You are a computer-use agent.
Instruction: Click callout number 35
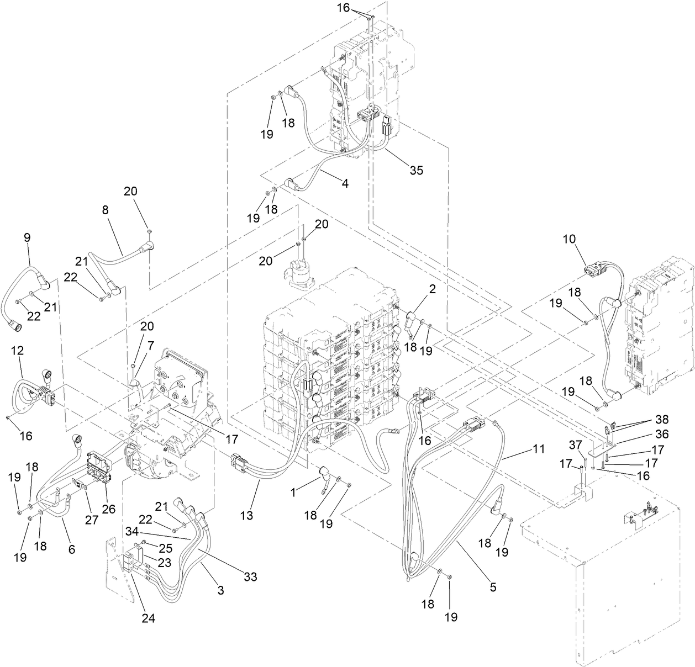pos(416,170)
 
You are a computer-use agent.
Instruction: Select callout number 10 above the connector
pos(569,239)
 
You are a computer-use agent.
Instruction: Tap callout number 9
pos(27,237)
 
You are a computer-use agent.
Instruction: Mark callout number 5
pos(493,587)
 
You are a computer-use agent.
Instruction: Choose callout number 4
pos(345,183)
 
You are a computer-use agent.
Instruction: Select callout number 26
pos(108,509)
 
